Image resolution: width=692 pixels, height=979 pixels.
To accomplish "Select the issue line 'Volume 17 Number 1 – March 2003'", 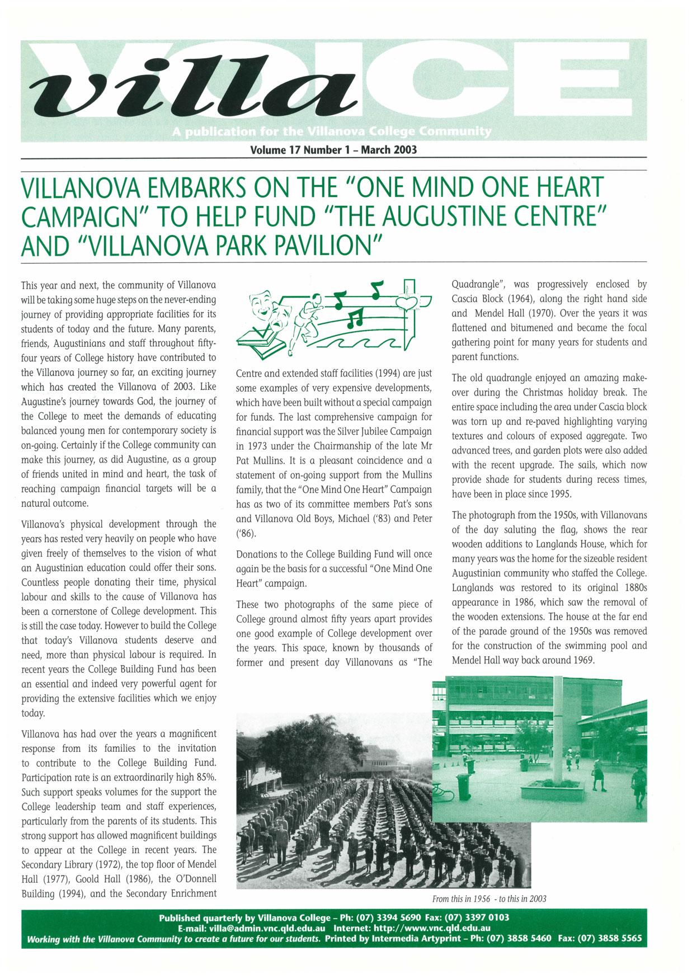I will pos(334,150).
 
